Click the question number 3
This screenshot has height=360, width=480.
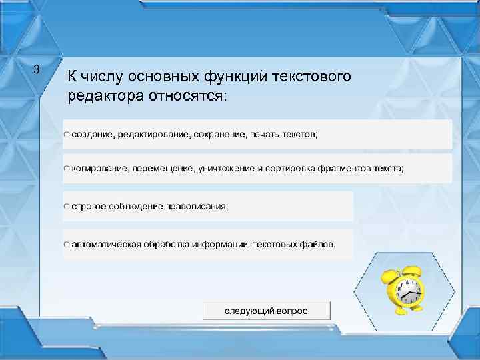click(x=37, y=69)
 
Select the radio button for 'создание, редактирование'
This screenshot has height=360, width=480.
click(x=67, y=135)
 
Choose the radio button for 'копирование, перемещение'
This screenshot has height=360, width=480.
click(x=67, y=169)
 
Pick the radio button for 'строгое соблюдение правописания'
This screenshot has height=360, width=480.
click(x=67, y=207)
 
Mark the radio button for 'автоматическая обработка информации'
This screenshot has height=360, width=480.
click(x=67, y=244)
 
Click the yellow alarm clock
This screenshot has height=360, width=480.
click(x=402, y=289)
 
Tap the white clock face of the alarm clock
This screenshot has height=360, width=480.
click(x=407, y=292)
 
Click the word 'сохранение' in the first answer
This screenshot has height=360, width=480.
click(x=221, y=135)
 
